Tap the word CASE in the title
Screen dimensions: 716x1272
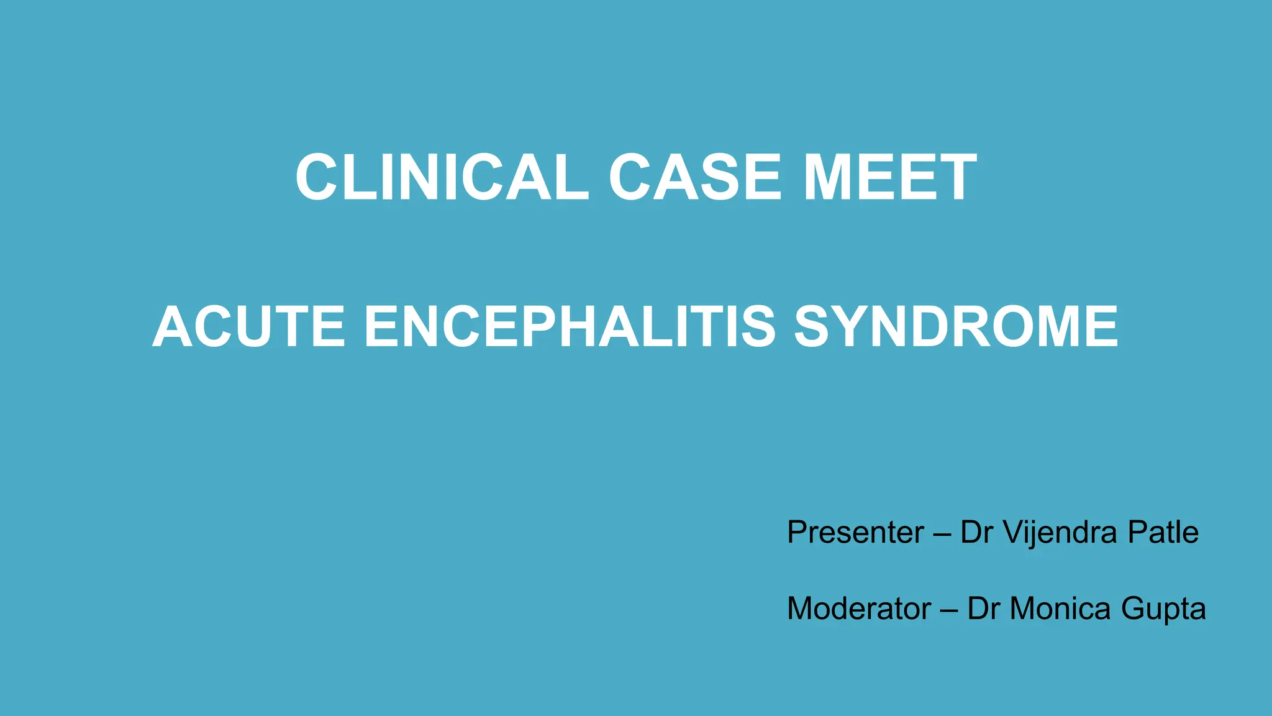pos(694,178)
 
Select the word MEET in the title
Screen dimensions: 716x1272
pos(890,178)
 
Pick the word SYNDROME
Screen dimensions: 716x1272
pos(956,327)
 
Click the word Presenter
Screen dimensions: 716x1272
pos(855,532)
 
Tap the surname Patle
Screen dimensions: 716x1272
pos(1163,532)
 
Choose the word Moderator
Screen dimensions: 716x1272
pos(859,608)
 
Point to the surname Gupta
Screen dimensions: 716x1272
pos(1163,609)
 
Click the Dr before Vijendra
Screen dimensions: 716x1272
pos(976,532)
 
